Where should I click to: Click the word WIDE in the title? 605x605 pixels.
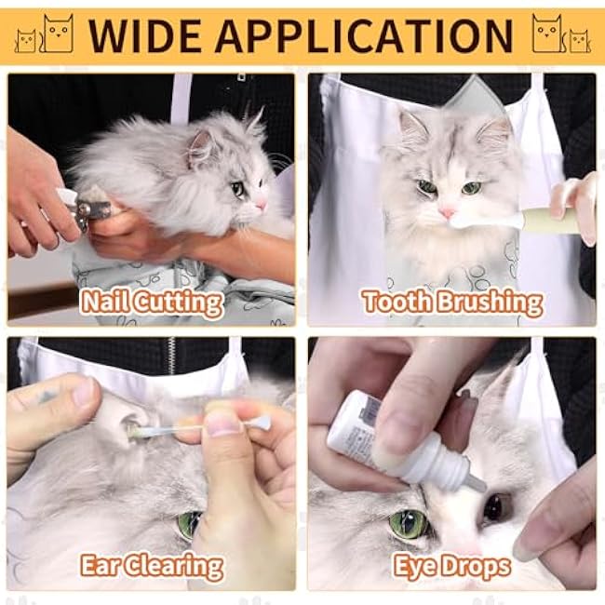[141, 34]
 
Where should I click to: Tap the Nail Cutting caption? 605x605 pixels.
[152, 302]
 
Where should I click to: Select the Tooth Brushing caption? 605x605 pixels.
[452, 302]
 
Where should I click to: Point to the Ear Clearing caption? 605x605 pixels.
[152, 566]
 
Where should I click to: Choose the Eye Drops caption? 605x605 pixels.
[452, 566]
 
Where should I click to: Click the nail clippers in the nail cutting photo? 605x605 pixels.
[89, 209]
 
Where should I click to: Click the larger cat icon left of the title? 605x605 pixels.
[58, 34]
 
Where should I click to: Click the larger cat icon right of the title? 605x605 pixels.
[547, 34]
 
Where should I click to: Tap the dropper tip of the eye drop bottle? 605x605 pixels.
[474, 483]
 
